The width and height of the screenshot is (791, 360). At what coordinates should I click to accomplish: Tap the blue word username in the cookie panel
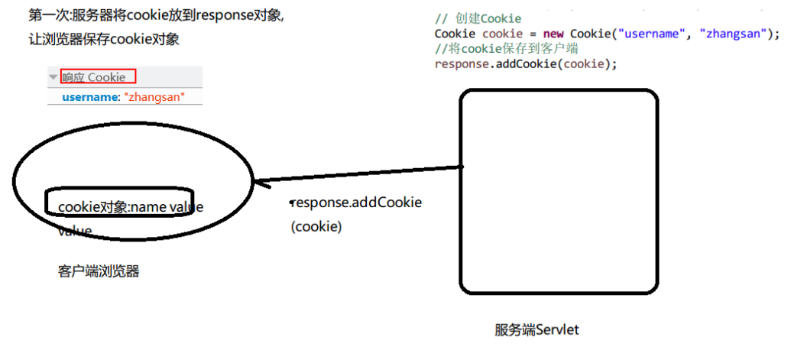pyautogui.click(x=90, y=97)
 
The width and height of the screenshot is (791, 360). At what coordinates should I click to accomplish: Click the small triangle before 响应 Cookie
pyautogui.click(x=53, y=77)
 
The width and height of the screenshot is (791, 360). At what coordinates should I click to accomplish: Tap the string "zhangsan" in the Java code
pyautogui.click(x=734, y=34)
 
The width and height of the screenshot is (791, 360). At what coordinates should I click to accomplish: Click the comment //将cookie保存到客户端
pyautogui.click(x=506, y=48)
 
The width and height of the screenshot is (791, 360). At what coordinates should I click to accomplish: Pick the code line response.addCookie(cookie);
pyautogui.click(x=525, y=63)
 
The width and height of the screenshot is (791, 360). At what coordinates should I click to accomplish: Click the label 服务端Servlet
pyautogui.click(x=537, y=330)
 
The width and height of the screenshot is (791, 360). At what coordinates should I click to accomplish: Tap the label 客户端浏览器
pyautogui.click(x=99, y=271)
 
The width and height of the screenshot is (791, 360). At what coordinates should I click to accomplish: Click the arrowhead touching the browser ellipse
pyautogui.click(x=260, y=183)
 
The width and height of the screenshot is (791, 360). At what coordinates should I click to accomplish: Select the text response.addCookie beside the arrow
pyautogui.click(x=358, y=203)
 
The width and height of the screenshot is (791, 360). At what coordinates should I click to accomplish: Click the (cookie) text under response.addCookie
pyautogui.click(x=316, y=227)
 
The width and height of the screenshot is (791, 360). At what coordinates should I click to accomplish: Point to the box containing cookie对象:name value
pyautogui.click(x=119, y=202)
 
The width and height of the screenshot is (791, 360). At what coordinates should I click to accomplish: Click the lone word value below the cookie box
pyautogui.click(x=75, y=232)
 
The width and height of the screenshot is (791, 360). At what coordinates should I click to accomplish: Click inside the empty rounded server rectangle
pyautogui.click(x=558, y=191)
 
